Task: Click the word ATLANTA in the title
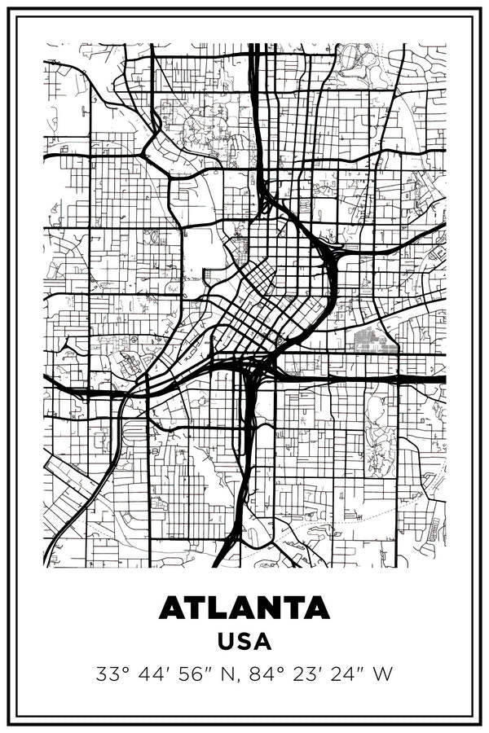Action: [244, 608]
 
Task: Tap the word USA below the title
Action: [244, 641]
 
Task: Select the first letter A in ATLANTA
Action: [172, 608]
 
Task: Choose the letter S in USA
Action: [244, 641]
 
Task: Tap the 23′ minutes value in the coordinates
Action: [294, 674]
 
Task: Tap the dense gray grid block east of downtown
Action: [376, 340]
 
